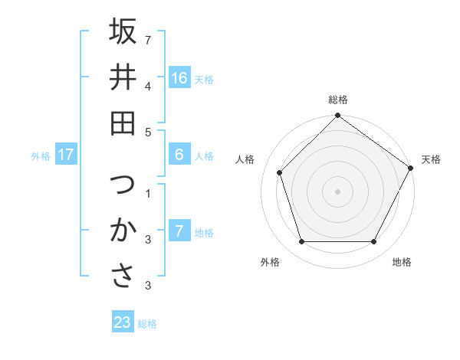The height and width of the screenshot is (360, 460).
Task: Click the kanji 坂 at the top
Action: (x=123, y=31)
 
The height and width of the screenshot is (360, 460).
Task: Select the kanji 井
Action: (x=123, y=77)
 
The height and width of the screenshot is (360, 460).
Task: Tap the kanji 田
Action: (x=123, y=122)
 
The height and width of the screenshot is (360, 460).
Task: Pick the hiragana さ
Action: (x=123, y=276)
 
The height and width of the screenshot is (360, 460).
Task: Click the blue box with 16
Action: (x=179, y=78)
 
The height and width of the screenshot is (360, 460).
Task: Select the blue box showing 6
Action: (x=179, y=155)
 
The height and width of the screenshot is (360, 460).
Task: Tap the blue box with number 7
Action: (x=179, y=231)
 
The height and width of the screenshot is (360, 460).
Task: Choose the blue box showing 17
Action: (x=66, y=155)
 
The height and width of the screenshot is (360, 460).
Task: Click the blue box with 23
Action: (x=123, y=322)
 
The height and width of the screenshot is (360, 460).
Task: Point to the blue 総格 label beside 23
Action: (x=147, y=324)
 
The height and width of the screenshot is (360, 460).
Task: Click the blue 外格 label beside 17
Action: (x=41, y=156)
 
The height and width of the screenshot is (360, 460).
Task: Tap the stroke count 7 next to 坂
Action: (x=147, y=40)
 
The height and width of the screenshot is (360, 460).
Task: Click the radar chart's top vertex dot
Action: (x=337, y=116)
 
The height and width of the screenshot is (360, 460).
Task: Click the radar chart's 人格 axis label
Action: (x=245, y=159)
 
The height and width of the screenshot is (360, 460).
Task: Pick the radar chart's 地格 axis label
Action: (x=402, y=263)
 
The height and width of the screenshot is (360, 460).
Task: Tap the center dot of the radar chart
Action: (x=337, y=191)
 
